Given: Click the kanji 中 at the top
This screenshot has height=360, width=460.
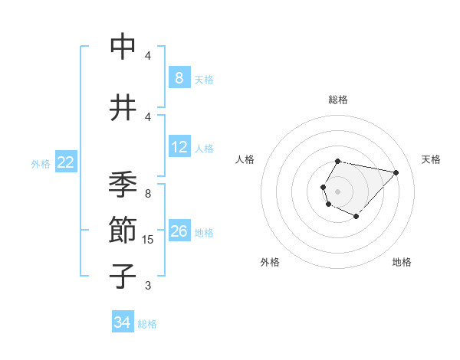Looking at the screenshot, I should point(123,47).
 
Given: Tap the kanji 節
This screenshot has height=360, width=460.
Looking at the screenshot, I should point(123,230).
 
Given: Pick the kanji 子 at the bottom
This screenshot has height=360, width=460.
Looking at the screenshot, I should point(123,276).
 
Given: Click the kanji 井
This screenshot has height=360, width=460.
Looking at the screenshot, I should point(123,108).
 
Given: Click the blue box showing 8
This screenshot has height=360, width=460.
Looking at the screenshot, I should point(179,78).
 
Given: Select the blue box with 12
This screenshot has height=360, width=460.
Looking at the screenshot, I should point(179,147).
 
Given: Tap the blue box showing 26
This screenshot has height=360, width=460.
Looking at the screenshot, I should point(179,231).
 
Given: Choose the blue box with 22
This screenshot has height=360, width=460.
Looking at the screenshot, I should point(66,162).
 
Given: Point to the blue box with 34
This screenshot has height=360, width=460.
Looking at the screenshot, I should point(122,323).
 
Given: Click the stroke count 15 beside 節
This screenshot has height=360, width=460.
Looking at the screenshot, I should point(149,240).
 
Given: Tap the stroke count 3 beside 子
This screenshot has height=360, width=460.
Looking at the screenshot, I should point(148,286).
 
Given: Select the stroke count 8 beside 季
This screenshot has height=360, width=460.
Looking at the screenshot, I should point(148,194).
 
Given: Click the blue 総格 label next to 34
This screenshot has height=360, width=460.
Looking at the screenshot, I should point(147,324).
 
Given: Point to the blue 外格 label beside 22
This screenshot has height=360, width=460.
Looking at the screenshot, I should point(41,163).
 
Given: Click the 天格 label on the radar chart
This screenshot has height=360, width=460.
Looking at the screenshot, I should point(431,159).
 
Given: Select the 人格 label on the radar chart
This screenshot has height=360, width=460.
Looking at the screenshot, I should point(245,159).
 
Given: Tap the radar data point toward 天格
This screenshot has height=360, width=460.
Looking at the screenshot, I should point(396,172).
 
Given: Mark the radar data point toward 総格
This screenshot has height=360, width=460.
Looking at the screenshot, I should point(338,161).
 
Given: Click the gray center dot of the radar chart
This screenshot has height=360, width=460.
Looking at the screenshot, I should point(337,191).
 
